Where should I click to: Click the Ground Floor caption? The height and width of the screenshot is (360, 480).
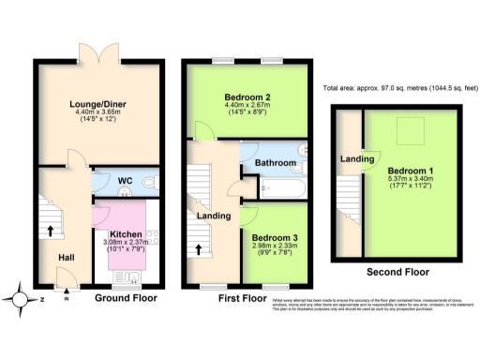(127, 299)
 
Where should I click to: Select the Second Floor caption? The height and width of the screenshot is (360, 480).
(398, 273)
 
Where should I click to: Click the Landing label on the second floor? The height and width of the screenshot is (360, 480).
(352, 158)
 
